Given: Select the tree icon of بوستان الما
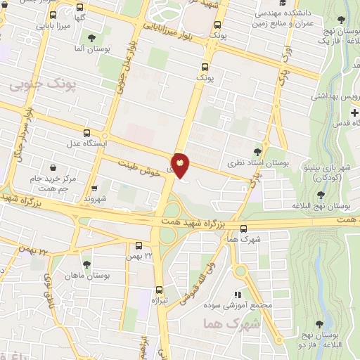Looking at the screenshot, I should click(x=91, y=37).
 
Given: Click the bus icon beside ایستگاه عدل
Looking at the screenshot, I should click(x=86, y=133).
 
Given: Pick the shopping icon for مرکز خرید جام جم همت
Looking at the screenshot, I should click(x=54, y=167).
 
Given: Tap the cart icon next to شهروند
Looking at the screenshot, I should click(x=94, y=189).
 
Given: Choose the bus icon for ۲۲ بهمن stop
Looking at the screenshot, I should click(x=139, y=246).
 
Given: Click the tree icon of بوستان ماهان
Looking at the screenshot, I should click(x=86, y=264).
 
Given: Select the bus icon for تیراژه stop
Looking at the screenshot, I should click(x=159, y=289).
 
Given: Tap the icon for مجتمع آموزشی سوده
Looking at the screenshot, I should click(x=238, y=295).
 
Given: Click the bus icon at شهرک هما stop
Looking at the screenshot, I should click(x=243, y=229).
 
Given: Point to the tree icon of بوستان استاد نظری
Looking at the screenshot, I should click(x=258, y=151).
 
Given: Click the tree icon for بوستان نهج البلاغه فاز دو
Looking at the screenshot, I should click(x=319, y=324).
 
